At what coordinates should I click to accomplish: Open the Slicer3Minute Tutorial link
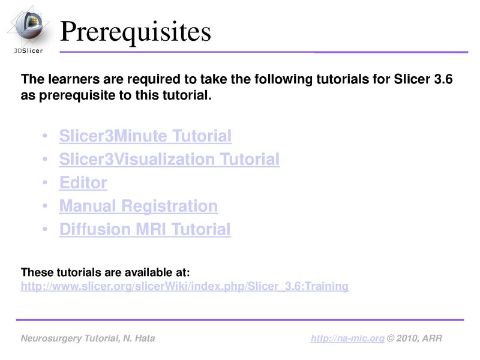tap(145, 136)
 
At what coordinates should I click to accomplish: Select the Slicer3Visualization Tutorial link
tap(169, 160)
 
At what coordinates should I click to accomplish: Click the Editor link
tap(83, 183)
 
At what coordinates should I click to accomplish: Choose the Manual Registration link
tap(138, 206)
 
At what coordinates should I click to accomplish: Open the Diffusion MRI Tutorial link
tap(145, 229)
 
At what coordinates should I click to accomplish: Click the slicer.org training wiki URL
tap(184, 287)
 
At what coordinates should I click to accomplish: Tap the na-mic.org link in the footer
tap(347, 339)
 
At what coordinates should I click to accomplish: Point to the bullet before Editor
tap(46, 184)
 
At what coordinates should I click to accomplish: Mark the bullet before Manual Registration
tap(46, 207)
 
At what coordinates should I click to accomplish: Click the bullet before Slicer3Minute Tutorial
tap(46, 137)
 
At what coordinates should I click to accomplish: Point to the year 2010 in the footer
tap(407, 339)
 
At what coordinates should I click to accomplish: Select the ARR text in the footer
tap(432, 339)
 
